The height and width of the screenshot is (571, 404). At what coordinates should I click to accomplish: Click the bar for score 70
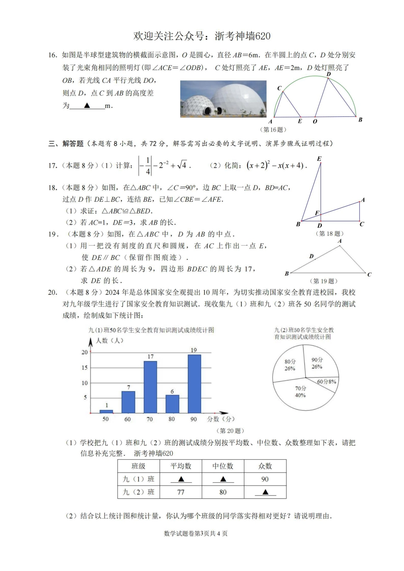151,387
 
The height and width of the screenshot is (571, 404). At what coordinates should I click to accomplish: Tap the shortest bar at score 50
106,411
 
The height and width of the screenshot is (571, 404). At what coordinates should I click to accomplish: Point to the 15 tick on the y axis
85,367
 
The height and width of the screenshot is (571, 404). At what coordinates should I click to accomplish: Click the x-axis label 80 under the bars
172,419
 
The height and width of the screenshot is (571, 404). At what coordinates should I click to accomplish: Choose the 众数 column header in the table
265,466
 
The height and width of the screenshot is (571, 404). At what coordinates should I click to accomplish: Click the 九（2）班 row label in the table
139,492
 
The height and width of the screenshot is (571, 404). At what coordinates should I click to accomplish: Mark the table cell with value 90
265,479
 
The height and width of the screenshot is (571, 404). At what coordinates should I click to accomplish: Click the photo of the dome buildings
223,99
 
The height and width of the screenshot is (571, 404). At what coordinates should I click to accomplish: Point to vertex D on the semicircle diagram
328,75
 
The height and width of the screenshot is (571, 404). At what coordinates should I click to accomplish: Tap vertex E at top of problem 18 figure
319,159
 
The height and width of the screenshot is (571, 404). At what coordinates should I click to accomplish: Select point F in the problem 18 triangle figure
317,213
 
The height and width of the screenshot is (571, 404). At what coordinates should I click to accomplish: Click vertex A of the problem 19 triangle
339,241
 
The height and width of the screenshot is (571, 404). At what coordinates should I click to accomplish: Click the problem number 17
53,166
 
